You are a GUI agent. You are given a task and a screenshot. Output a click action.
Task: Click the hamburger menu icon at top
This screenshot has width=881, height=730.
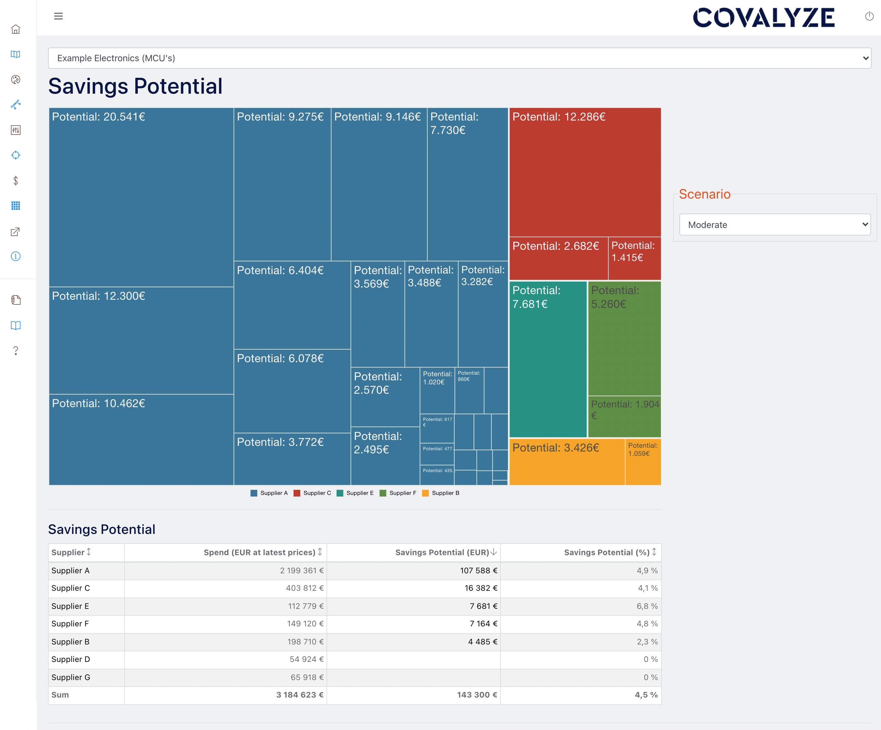coord(58,16)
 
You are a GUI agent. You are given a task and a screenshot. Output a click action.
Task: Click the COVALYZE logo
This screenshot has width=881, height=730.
coord(764,17)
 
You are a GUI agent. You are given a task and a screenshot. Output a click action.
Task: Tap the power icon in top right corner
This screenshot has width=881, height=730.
coord(869,16)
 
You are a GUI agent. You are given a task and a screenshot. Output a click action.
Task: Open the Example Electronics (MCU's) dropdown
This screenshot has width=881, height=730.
coord(459,58)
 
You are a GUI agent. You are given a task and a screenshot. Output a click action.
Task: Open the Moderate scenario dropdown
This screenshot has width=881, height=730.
coord(775,224)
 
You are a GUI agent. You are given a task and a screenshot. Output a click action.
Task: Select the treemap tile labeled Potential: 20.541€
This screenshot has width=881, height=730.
coord(141,197)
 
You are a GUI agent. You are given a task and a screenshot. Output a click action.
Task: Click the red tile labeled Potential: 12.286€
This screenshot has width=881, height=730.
coord(585,172)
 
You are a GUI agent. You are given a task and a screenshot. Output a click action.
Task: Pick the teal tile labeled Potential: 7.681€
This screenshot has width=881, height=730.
coord(548,359)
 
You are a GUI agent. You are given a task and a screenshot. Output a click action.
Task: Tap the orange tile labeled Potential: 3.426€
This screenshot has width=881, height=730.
coord(566,461)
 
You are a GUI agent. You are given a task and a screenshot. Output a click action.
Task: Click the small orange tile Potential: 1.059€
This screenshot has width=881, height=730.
coord(643,461)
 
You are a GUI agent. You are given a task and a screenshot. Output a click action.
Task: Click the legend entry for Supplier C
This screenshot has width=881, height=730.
coord(312,493)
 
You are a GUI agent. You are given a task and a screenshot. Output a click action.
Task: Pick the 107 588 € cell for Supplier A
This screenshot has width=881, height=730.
coord(478,570)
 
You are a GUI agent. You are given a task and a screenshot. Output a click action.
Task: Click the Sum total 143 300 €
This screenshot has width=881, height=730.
coord(477,695)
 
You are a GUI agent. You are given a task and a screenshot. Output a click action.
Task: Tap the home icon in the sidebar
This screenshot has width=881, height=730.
coord(16,29)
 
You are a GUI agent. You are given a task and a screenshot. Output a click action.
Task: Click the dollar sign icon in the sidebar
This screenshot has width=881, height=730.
coord(16,180)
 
